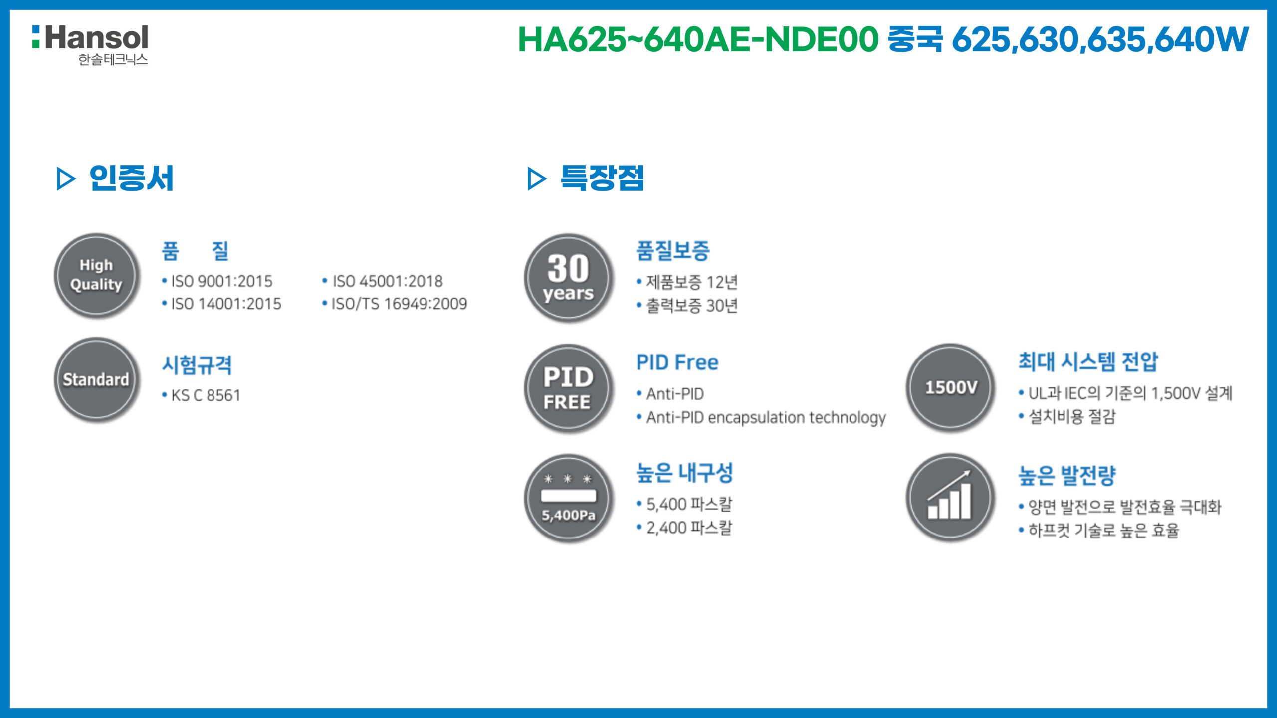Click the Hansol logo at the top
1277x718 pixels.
[x=90, y=45]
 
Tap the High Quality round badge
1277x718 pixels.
[x=96, y=275]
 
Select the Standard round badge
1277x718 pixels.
[x=96, y=380]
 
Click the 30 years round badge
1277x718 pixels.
[x=568, y=278]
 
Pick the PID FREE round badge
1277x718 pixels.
[x=568, y=388]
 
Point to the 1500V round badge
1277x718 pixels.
[x=950, y=387]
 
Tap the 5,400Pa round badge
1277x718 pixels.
[x=568, y=498]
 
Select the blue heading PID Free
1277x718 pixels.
[x=677, y=362]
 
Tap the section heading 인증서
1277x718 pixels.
[x=131, y=178]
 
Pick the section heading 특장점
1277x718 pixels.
[x=602, y=178]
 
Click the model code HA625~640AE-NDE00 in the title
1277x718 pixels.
[x=698, y=39]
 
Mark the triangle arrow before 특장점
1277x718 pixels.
[x=537, y=179]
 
